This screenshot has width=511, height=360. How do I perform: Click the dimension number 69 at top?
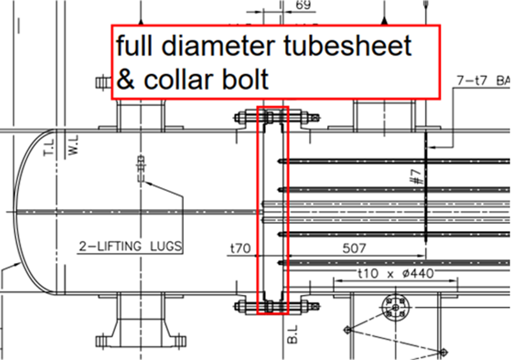[305, 6]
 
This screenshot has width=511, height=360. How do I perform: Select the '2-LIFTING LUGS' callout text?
[130, 245]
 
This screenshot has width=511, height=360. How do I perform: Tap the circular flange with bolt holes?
[396, 308]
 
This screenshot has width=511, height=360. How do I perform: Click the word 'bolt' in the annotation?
[245, 80]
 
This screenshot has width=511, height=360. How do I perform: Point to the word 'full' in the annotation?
[134, 47]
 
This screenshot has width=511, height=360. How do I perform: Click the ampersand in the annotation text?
[126, 80]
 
